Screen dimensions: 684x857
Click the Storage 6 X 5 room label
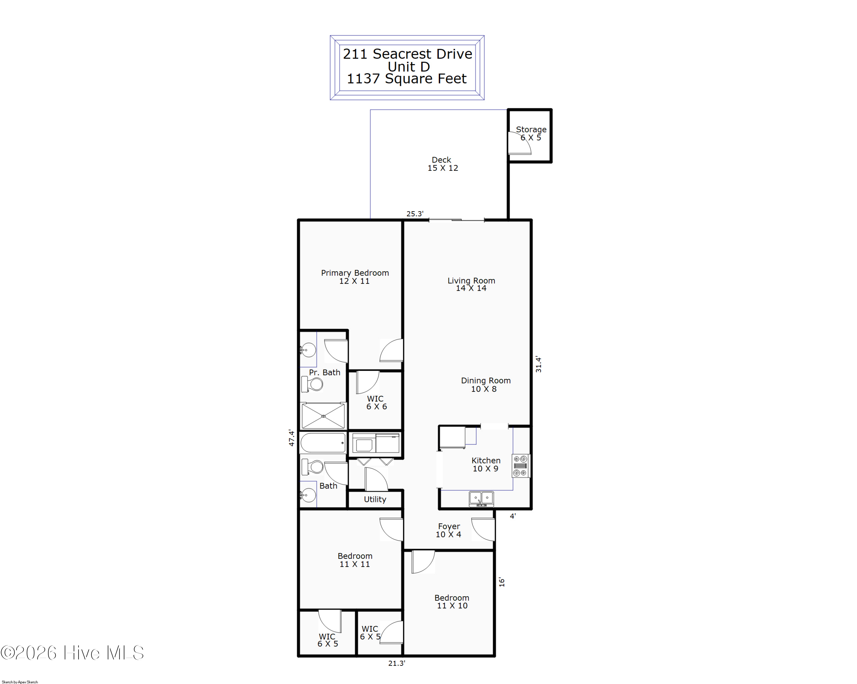click(531, 133)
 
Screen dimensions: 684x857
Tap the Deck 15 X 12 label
click(442, 164)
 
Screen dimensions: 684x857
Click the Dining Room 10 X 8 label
click(485, 384)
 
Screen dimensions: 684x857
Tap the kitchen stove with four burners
click(520, 466)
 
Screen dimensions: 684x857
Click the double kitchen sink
click(481, 498)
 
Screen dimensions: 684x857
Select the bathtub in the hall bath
click(323, 442)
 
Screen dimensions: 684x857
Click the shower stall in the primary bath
click(323, 416)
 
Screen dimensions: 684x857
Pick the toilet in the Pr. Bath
click(313, 384)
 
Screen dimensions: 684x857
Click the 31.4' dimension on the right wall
click(538, 364)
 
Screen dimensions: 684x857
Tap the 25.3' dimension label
click(415, 214)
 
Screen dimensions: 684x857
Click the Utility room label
click(375, 499)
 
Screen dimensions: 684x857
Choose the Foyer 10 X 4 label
click(449, 530)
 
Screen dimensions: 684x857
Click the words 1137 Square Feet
click(407, 79)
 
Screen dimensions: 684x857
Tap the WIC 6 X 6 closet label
click(376, 402)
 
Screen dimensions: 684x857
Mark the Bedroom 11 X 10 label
click(452, 601)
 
